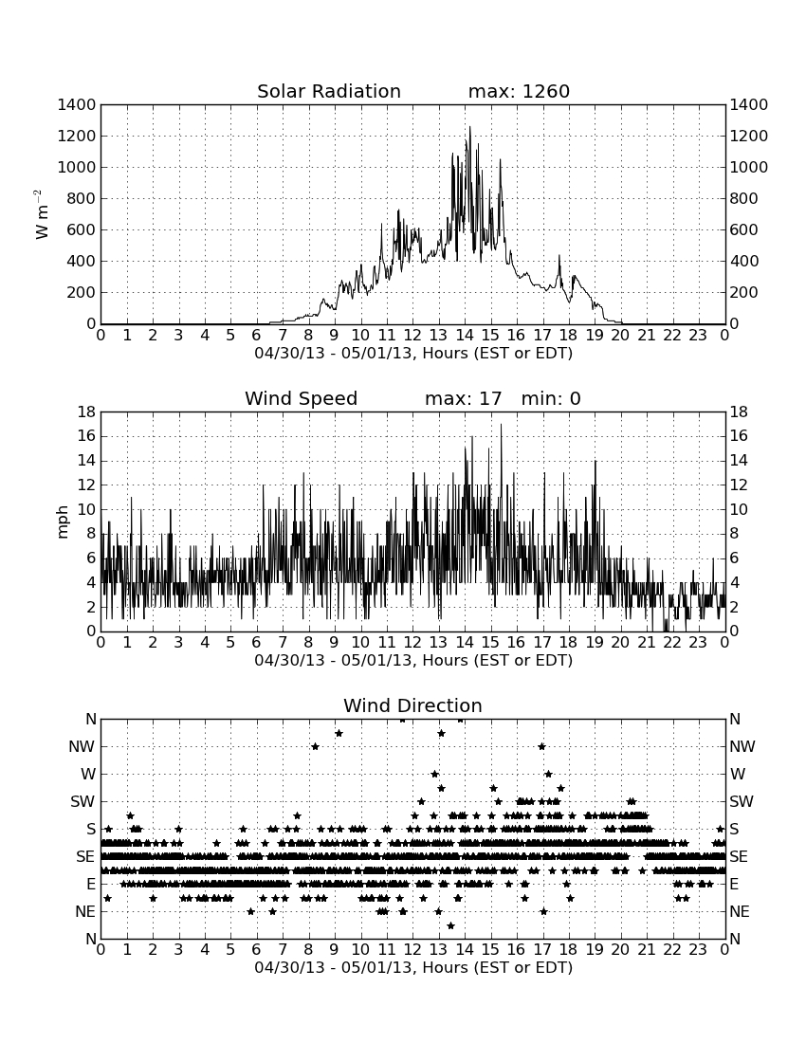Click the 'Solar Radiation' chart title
coord(328,91)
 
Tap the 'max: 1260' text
coord(519,91)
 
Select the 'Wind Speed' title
coord(301,398)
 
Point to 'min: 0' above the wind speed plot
coord(551,398)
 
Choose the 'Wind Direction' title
coord(412,705)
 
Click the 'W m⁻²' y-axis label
coord(41,214)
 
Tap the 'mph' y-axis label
coord(63,522)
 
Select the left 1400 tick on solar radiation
coord(77,104)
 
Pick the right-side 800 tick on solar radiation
coord(744,198)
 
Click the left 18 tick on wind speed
coord(86,412)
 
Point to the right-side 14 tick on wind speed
coord(739,460)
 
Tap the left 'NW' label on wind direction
coord(82,746)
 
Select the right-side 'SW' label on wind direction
coord(742,801)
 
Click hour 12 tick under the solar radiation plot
coord(412,335)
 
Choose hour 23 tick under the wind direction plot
coord(698,949)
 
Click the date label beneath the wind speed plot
coord(413,661)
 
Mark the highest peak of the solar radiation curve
coord(469,126)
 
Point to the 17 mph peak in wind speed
coord(501,425)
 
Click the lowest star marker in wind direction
coord(450,925)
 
